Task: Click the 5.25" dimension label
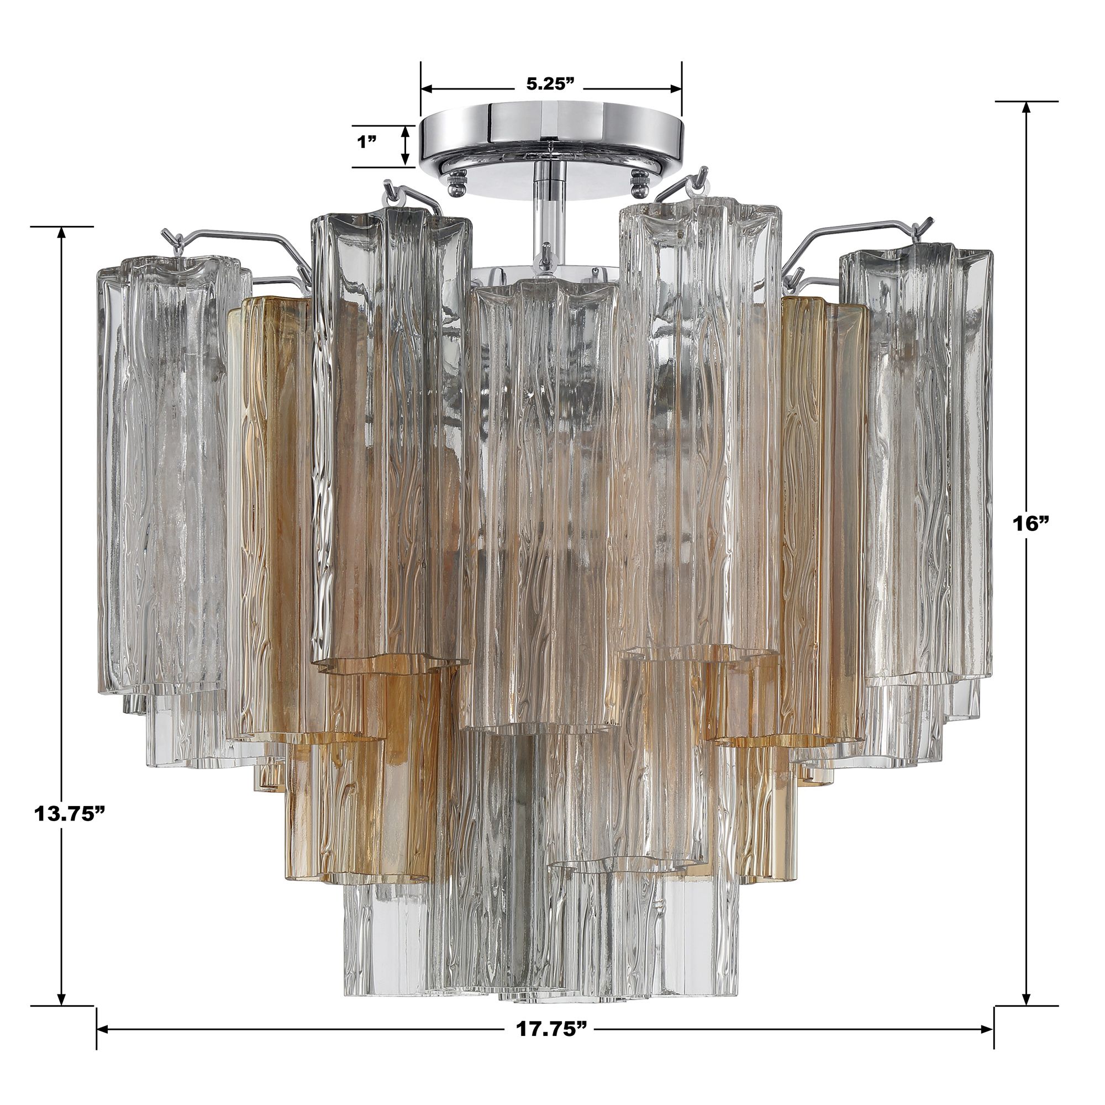(550, 84)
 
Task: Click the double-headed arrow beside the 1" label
(405, 146)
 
